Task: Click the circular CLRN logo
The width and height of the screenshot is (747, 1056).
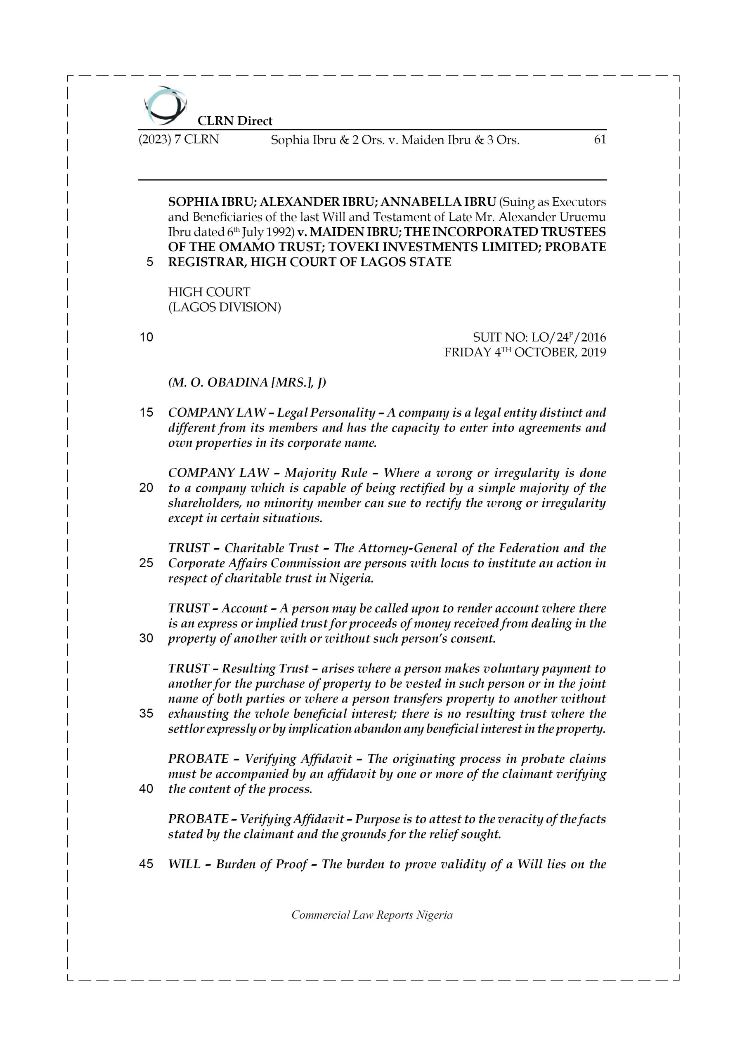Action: click(x=165, y=105)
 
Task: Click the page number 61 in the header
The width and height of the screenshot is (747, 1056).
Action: click(x=600, y=140)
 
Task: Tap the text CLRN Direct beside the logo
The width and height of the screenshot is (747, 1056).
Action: click(x=235, y=121)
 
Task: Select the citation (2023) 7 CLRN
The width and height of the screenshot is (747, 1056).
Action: click(x=179, y=140)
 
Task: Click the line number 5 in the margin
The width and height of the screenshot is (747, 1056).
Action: click(x=149, y=262)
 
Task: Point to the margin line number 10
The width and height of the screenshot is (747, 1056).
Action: click(x=147, y=337)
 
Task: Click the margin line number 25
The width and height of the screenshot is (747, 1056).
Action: click(x=147, y=563)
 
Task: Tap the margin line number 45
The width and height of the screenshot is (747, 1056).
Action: click(x=147, y=864)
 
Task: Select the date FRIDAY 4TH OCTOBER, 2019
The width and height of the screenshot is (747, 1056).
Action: click(x=525, y=353)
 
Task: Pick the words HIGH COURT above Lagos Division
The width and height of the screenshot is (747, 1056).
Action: click(x=209, y=292)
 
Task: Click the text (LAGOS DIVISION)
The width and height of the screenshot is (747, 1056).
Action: click(x=224, y=307)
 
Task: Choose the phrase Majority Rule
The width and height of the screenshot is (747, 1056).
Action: click(x=326, y=473)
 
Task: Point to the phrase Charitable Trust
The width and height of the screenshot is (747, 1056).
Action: click(x=272, y=548)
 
